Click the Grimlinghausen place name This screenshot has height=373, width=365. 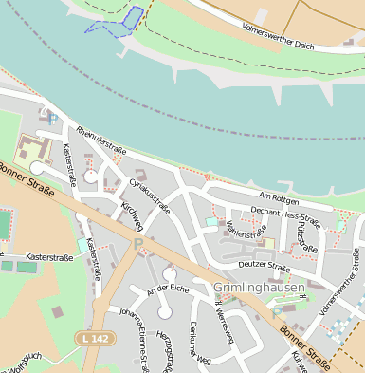click(x=259, y=287)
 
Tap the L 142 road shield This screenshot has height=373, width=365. click(x=93, y=338)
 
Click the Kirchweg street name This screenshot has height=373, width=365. click(x=131, y=215)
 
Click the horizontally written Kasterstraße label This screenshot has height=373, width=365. click(x=50, y=256)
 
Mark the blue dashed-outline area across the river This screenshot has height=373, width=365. click(x=120, y=21)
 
